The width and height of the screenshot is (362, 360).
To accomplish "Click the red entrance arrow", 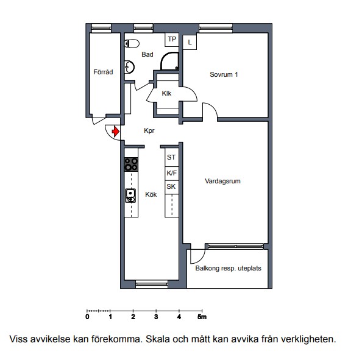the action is point(116,132).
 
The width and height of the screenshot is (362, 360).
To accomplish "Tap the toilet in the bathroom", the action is point(132,43).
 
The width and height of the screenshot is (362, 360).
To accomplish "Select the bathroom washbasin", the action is point(129,67).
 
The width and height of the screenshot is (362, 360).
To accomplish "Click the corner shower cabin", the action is point(169,61).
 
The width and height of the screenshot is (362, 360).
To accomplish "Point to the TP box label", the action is point(172,39).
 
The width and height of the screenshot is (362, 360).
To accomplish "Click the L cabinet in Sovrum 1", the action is point(190,42).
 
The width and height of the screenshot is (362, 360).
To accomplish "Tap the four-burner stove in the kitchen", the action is point(131,164).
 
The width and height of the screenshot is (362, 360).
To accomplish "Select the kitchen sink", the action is point(130,196).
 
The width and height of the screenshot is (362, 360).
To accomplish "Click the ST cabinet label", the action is point(171,157).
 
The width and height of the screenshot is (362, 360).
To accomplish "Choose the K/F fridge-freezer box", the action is point(172,174).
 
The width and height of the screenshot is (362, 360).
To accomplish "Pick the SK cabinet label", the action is point(171,186).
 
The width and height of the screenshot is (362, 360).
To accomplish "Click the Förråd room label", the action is point(103,72).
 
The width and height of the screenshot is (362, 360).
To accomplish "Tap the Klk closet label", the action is point(166,93).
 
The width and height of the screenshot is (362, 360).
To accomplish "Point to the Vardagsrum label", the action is point(222,181).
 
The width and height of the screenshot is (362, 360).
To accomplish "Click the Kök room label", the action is point(151,194).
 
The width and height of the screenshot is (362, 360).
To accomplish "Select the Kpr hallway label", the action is point(149,131).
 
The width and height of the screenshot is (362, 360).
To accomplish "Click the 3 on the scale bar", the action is point(156,317).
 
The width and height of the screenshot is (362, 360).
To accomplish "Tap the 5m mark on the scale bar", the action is point(202,317).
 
